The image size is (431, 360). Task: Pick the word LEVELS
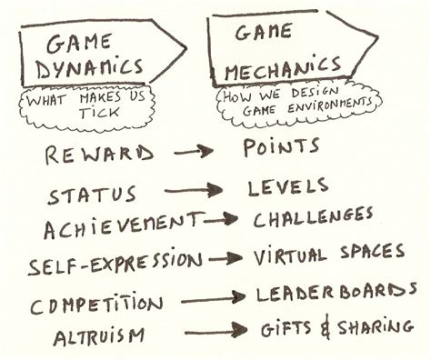288,187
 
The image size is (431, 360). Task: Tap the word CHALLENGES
314,217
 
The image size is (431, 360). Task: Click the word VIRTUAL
288,256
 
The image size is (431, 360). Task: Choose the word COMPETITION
96,304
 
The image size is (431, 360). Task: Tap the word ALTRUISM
97,336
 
